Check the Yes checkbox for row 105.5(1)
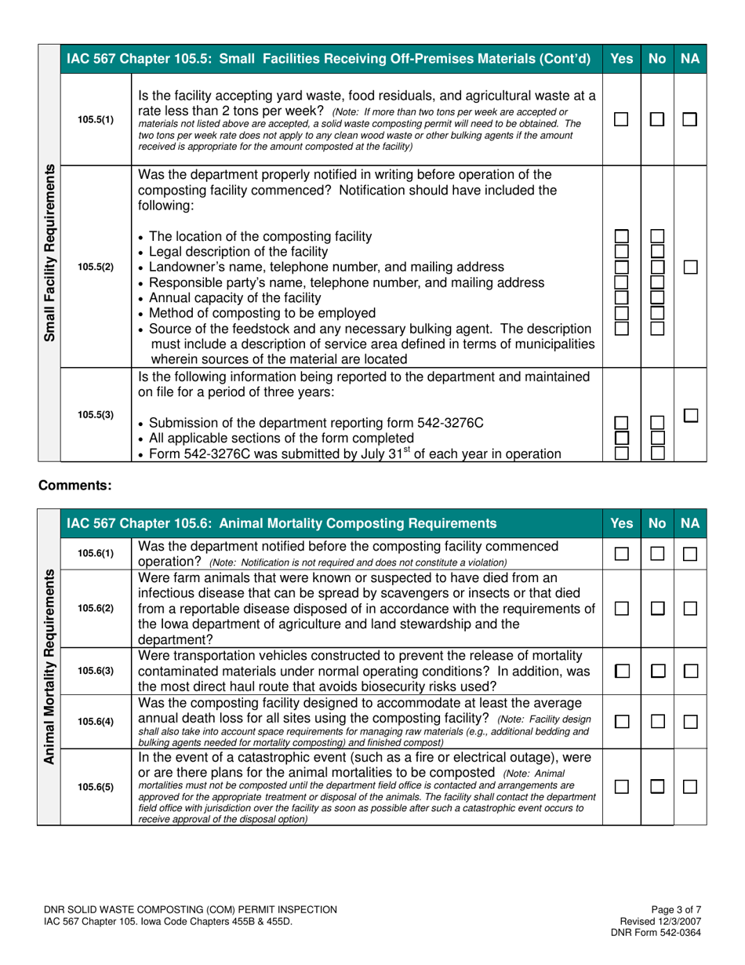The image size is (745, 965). [621, 120]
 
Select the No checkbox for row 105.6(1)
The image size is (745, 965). [658, 554]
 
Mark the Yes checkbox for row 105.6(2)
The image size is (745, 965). [621, 609]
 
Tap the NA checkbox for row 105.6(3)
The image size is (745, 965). [690, 671]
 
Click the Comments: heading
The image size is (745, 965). [75, 486]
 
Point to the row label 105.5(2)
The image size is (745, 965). [95, 267]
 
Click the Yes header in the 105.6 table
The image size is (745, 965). [621, 522]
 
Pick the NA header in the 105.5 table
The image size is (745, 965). [690, 58]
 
